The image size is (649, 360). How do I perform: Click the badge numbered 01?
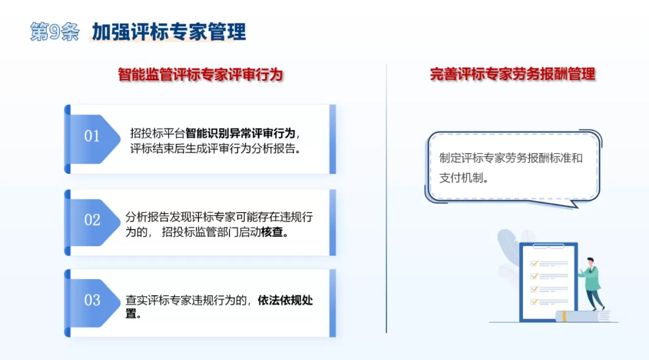click(92, 136)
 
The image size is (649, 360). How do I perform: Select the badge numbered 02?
click(92, 220)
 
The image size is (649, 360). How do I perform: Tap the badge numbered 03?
click(92, 300)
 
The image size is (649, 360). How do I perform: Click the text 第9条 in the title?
click(54, 32)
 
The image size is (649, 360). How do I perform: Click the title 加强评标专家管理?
click(169, 31)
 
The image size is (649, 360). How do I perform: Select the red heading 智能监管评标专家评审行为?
click(200, 75)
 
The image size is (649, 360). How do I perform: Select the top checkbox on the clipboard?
click(534, 263)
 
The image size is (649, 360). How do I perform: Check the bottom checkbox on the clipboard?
click(534, 301)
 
